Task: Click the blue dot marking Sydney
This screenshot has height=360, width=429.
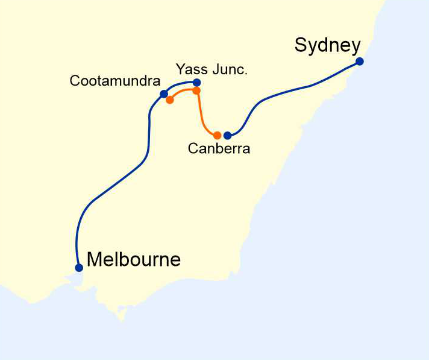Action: pos(360,62)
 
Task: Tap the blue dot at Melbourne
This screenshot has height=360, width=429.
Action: pos(79,268)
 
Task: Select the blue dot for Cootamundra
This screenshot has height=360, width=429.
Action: pos(164,94)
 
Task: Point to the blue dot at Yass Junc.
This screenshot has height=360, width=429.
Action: pos(196,82)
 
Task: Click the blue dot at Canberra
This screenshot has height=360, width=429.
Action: pos(227,136)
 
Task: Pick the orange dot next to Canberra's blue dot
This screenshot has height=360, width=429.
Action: pos(218,136)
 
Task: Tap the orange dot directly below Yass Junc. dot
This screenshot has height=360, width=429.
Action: pos(196,90)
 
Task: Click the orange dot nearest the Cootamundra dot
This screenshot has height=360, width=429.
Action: pos(170,99)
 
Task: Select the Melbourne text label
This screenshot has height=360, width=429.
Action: pos(134,260)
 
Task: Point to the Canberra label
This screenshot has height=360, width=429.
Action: pos(219,149)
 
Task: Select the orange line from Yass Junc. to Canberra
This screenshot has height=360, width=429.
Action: pos(202,118)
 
